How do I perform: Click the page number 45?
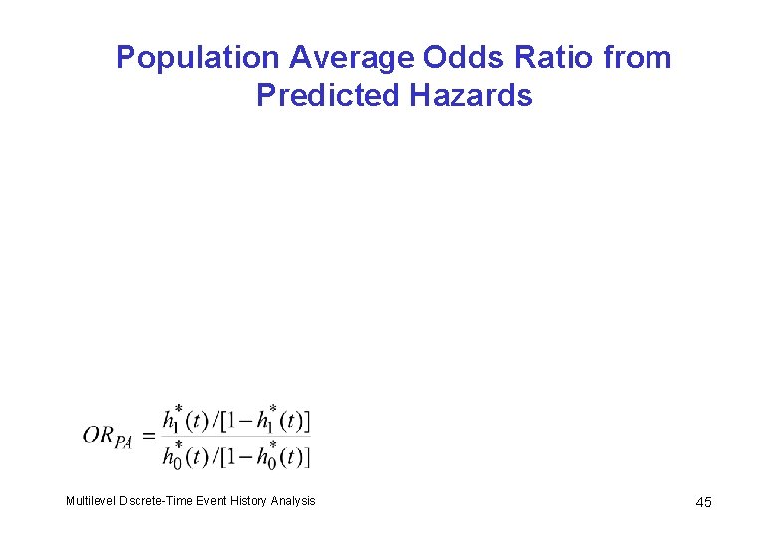703,502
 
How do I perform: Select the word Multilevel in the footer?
90,501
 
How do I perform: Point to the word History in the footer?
251,501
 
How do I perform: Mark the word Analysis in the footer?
294,501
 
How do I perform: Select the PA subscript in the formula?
124,442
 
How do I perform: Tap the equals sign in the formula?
147,436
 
